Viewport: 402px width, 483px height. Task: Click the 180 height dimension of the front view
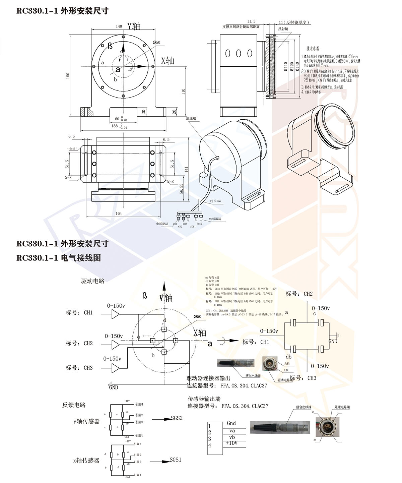pos(68,76)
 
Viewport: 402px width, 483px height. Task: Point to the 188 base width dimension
pos(115,126)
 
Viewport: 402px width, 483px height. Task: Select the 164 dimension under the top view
pos(119,213)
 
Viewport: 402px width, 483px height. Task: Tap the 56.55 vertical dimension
pos(181,188)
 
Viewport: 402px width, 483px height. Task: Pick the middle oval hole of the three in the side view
pos(239,53)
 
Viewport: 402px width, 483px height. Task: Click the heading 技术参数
pos(313,49)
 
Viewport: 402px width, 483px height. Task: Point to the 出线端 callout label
pos(191,118)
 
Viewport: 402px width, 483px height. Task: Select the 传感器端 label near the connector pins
pos(215,219)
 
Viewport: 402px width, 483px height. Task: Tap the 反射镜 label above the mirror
pos(283,29)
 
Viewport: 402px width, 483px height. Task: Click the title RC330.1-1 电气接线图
pos(59,258)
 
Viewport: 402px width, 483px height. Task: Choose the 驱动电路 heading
pos(93,281)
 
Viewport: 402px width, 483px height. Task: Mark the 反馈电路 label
pos(74,405)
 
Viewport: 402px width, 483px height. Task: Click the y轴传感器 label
pos(86,421)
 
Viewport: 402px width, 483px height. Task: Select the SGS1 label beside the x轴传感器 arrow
pos(176,460)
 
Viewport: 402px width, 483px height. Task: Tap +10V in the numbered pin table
pos(231,443)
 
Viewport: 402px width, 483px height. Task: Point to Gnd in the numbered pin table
pos(231,423)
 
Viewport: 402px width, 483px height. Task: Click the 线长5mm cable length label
pos(215,201)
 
